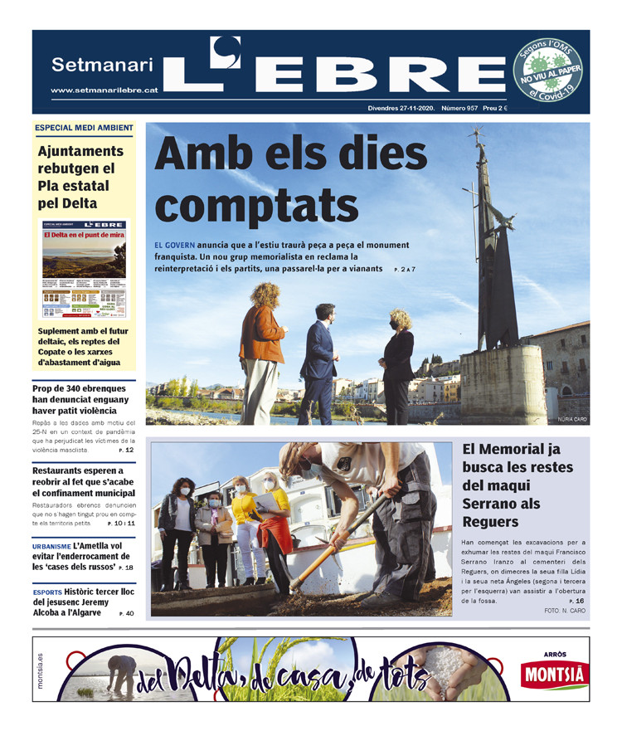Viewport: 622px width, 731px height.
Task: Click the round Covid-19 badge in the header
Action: point(547,71)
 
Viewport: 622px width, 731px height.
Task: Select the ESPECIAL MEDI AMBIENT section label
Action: point(83,128)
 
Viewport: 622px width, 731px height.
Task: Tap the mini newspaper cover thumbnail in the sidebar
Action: point(84,270)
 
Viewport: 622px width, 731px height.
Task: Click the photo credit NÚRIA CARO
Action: point(571,419)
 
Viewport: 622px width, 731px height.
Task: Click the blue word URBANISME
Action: point(51,547)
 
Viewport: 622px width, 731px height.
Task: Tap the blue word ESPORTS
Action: point(47,592)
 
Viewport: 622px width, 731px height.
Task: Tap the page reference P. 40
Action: point(126,613)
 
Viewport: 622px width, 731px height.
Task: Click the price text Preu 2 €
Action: point(519,108)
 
